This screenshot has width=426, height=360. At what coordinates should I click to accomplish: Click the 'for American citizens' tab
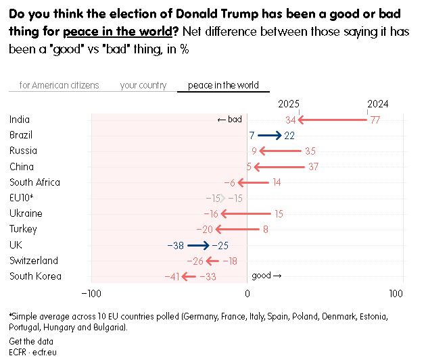click(x=59, y=85)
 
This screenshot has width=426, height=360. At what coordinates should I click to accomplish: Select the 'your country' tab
click(x=143, y=85)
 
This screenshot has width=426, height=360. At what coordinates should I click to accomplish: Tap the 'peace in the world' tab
click(x=223, y=85)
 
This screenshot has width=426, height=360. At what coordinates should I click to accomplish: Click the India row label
click(x=20, y=120)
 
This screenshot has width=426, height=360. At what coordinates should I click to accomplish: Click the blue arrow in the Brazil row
click(x=269, y=135)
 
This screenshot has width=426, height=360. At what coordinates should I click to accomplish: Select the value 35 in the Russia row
click(x=310, y=151)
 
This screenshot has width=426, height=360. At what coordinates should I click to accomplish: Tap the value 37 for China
click(x=313, y=167)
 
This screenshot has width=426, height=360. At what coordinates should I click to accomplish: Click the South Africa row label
click(x=34, y=182)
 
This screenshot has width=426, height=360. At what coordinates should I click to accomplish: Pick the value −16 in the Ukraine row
click(x=211, y=213)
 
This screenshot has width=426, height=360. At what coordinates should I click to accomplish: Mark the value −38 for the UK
click(x=175, y=245)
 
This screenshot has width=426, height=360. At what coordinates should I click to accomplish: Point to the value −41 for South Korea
click(x=172, y=276)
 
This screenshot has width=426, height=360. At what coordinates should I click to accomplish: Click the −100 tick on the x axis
click(x=91, y=293)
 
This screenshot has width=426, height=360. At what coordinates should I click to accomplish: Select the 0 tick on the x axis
click(x=247, y=293)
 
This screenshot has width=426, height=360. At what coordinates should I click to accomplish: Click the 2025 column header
click(x=289, y=103)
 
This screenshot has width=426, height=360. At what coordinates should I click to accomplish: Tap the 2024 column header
click(x=378, y=103)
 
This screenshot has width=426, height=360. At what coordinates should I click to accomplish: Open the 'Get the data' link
click(x=31, y=341)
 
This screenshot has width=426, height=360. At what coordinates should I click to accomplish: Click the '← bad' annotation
click(x=229, y=120)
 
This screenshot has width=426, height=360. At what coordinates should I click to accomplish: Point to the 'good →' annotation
click(x=266, y=276)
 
